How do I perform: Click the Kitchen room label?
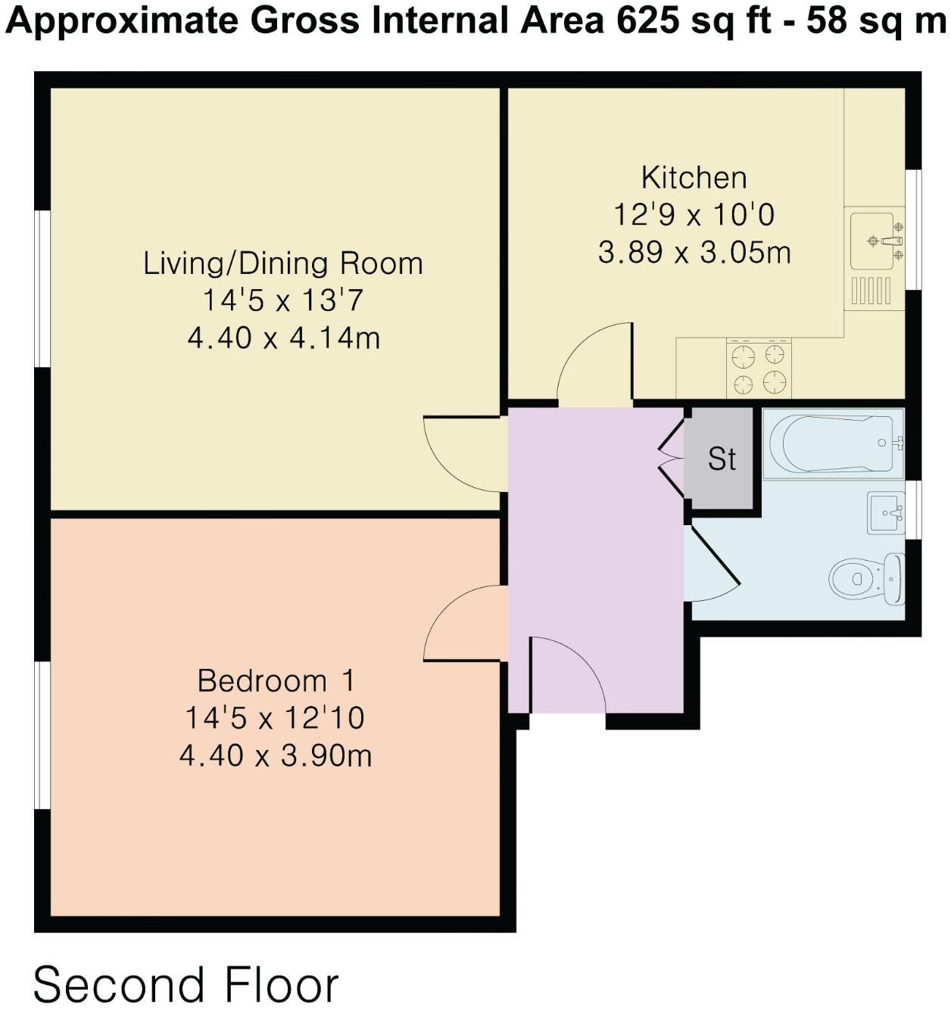click(694, 178)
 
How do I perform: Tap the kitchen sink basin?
click(871, 241)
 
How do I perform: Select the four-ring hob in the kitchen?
click(759, 368)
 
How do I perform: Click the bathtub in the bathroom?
click(833, 443)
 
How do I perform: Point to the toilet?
click(866, 579)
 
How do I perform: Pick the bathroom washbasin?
click(886, 512)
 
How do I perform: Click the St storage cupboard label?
click(722, 459)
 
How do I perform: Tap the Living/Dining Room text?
click(283, 263)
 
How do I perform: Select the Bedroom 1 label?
click(276, 680)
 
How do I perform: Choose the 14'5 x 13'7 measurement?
click(282, 300)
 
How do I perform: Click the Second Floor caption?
click(186, 985)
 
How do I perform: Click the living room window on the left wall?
click(42, 288)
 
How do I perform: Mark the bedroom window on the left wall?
click(42, 735)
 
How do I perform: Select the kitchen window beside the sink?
click(913, 230)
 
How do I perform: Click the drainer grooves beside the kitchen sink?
click(871, 290)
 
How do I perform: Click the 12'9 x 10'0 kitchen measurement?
click(694, 214)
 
